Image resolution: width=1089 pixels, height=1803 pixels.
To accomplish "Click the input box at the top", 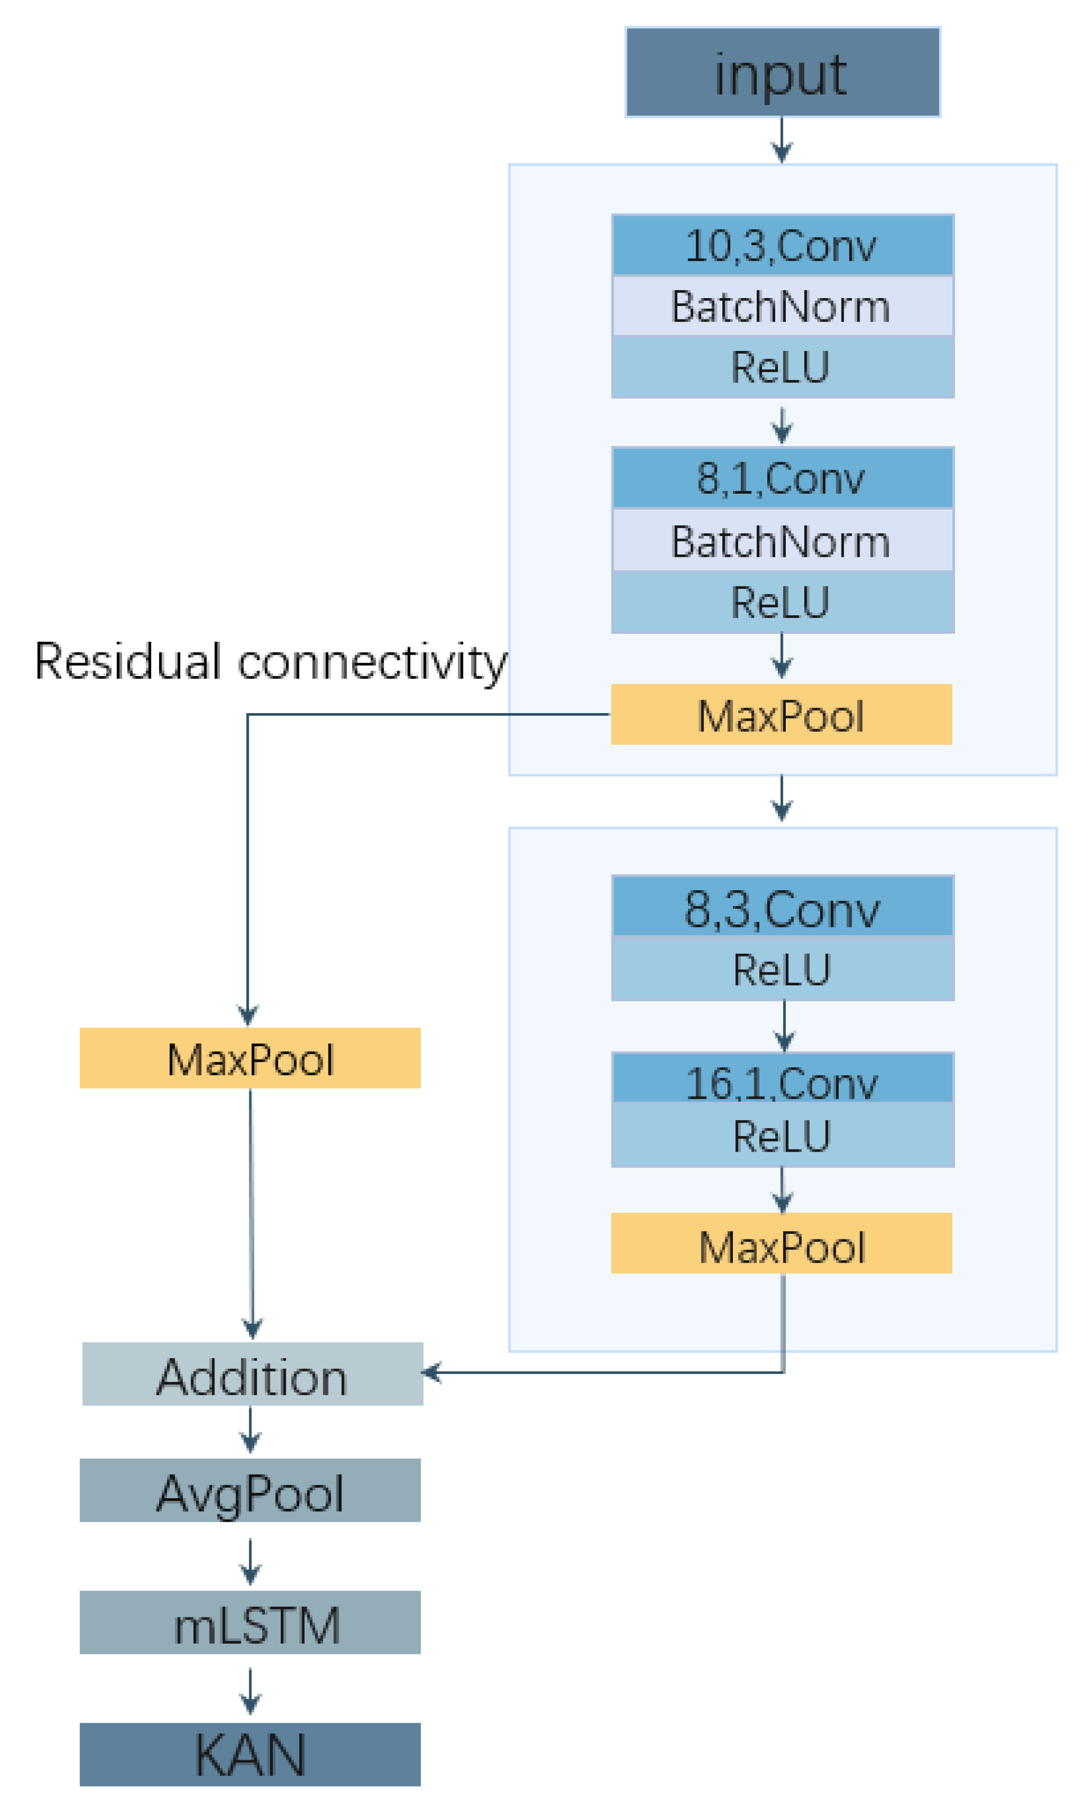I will click(x=782, y=73).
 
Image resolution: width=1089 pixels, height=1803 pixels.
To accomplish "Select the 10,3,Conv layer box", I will click(x=782, y=245).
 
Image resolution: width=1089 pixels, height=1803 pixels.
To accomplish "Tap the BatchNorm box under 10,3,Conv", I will click(x=782, y=306).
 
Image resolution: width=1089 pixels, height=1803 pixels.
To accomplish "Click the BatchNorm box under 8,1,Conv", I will click(x=782, y=542).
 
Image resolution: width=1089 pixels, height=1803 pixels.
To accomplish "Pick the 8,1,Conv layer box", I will click(x=782, y=479).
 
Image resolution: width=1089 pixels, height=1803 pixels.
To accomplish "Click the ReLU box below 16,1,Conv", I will click(x=782, y=1135).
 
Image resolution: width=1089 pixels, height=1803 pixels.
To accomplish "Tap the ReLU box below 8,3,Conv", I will click(x=782, y=969).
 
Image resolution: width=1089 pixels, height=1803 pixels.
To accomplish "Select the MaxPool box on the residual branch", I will click(x=250, y=1058).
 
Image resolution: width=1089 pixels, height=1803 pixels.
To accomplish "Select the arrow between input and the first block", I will click(x=782, y=141).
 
